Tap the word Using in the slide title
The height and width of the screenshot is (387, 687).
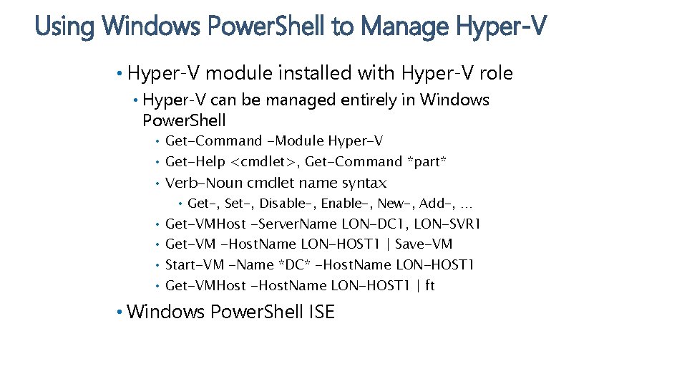click(x=65, y=27)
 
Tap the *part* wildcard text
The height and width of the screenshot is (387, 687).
click(x=427, y=162)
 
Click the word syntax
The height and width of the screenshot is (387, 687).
click(x=364, y=183)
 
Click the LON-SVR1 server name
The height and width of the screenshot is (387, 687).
click(x=448, y=224)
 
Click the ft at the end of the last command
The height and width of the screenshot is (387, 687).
click(x=429, y=286)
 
